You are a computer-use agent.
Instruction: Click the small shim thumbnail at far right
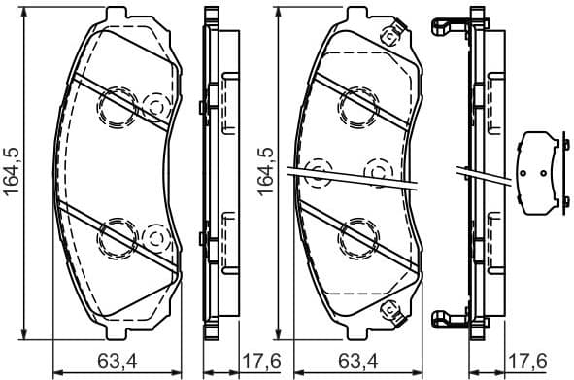click(x=541, y=172)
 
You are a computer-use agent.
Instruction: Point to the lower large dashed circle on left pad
click(x=117, y=236)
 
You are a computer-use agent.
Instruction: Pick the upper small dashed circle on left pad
click(x=154, y=105)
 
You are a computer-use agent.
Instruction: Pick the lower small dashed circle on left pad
click(x=154, y=236)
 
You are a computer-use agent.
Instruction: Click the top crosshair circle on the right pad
click(x=355, y=105)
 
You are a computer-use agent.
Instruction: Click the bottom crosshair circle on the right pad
click(x=355, y=236)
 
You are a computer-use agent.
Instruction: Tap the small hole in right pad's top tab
click(x=392, y=37)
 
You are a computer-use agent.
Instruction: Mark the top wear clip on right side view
click(x=448, y=29)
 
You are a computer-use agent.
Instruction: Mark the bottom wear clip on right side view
click(x=448, y=321)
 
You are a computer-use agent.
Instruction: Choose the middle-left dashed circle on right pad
click(x=317, y=172)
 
